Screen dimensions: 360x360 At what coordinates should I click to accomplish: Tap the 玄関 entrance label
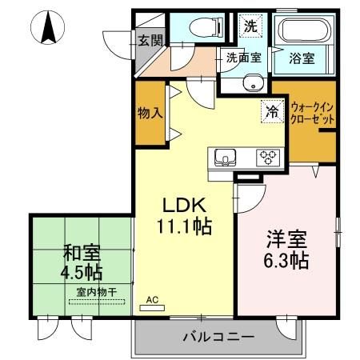(x=149, y=39)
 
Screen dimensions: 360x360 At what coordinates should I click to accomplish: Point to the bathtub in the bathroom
(x=299, y=31)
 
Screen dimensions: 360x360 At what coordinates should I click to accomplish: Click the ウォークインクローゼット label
(x=313, y=112)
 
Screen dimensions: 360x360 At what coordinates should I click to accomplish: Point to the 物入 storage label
(x=150, y=112)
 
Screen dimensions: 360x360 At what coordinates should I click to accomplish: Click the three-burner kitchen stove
(x=266, y=158)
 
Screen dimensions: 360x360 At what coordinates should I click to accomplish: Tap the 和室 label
(x=81, y=255)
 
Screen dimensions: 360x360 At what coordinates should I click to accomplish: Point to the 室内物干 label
(x=97, y=293)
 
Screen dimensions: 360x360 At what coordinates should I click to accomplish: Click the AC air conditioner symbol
(x=151, y=302)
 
